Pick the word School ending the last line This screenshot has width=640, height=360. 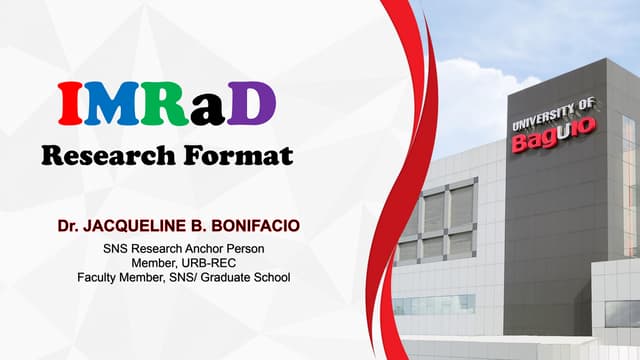click(x=270, y=277)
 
